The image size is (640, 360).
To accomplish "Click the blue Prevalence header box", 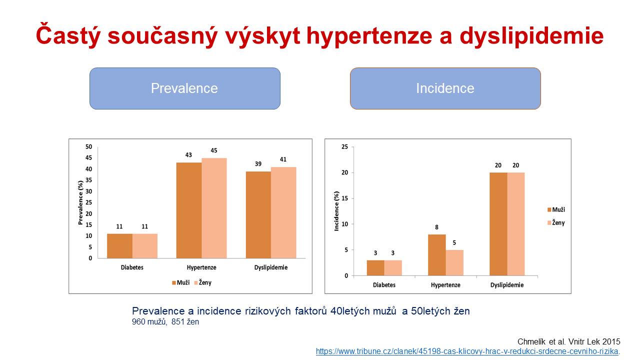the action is click(x=185, y=88).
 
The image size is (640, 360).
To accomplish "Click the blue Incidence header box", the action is click(x=445, y=88).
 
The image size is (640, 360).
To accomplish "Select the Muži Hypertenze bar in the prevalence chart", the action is click(x=189, y=210).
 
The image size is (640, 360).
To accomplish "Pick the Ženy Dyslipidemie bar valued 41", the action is click(x=283, y=212).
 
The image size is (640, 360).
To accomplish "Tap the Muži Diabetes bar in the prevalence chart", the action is click(x=119, y=246).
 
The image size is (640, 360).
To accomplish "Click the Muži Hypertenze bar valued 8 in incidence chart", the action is click(x=437, y=255).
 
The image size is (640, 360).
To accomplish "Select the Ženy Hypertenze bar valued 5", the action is click(x=454, y=262).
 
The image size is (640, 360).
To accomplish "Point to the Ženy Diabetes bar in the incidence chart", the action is click(x=393, y=267).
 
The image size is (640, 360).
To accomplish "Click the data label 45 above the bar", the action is click(x=214, y=150).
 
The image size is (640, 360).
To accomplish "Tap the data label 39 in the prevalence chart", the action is click(x=258, y=163).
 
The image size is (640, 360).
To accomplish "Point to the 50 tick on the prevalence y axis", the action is click(x=89, y=146).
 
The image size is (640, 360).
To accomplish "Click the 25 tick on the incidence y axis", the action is click(x=345, y=146).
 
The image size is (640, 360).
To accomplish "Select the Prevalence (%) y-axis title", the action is click(x=80, y=202).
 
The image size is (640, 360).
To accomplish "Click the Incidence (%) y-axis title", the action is click(x=336, y=211).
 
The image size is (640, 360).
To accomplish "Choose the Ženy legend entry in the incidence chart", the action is click(x=556, y=222).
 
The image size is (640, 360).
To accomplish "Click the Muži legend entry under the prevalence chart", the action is click(x=181, y=282).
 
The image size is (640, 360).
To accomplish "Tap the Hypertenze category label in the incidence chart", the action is click(x=445, y=285).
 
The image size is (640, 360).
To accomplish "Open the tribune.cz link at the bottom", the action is click(x=467, y=351).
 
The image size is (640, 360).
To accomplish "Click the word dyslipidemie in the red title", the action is click(x=531, y=36).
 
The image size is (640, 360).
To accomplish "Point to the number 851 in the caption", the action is click(x=178, y=321).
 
